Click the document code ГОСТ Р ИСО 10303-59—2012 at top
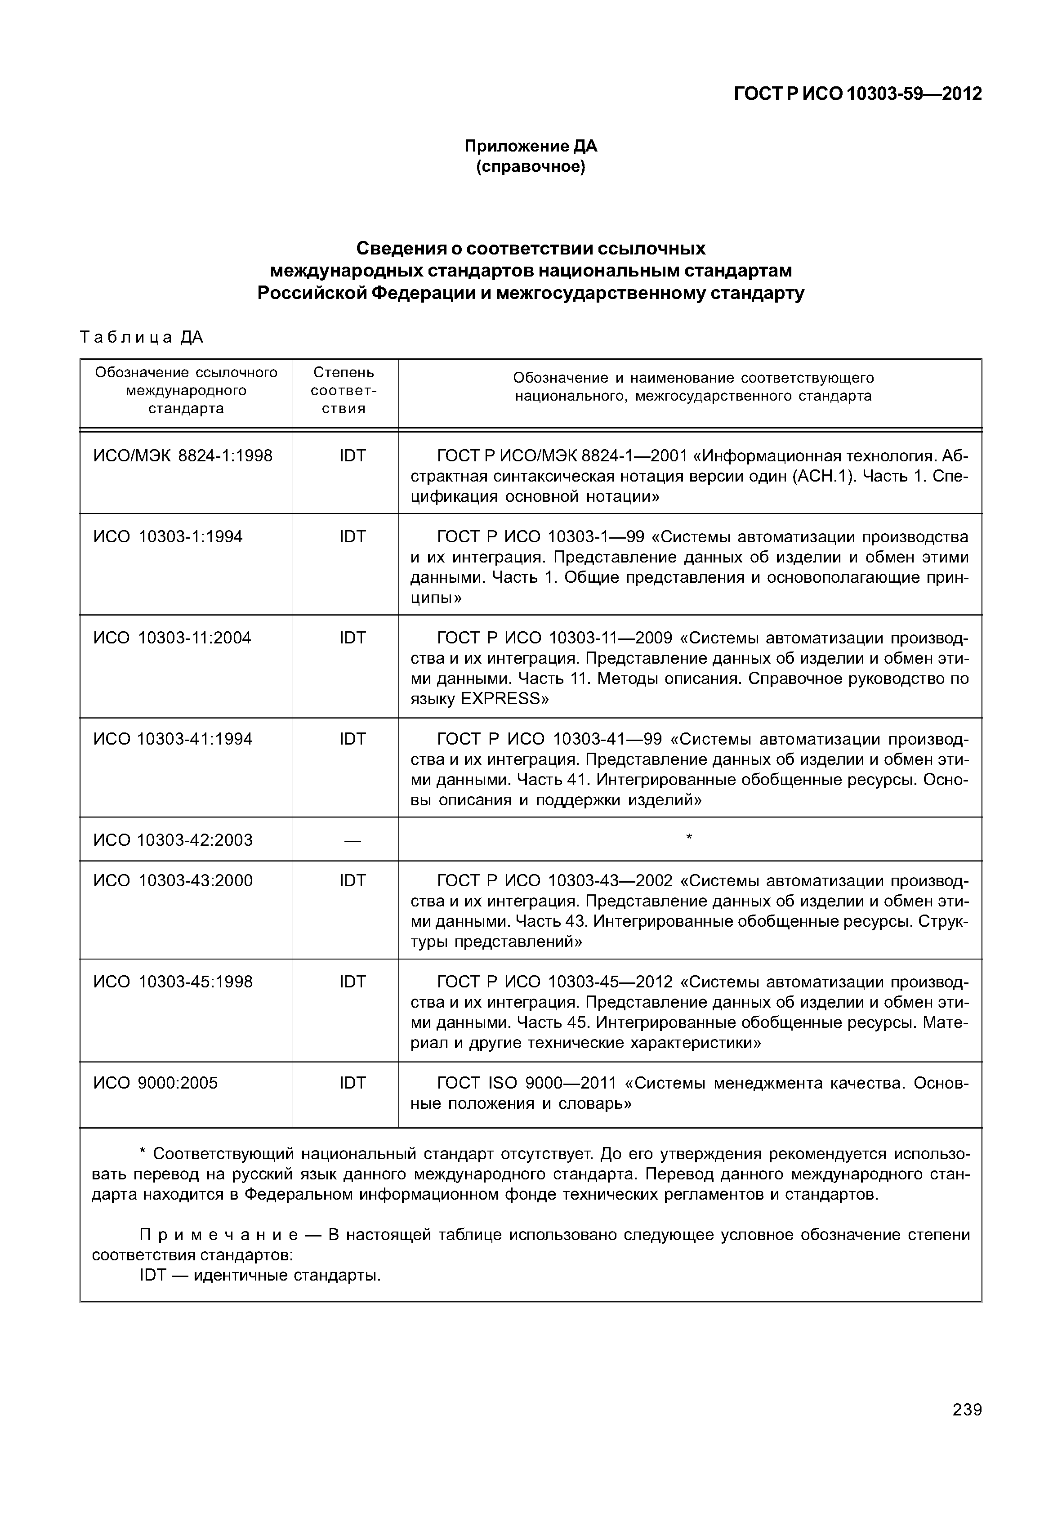[858, 94]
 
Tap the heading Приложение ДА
[531, 146]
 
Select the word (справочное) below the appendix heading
[531, 166]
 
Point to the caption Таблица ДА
[141, 337]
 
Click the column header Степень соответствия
[344, 391]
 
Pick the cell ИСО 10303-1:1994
[168, 536]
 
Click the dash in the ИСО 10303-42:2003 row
[352, 841]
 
